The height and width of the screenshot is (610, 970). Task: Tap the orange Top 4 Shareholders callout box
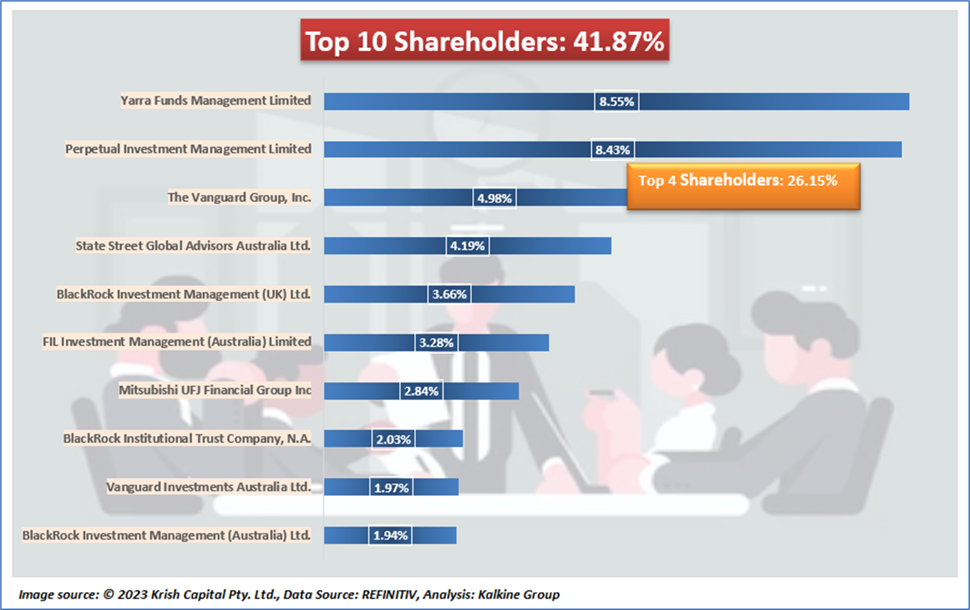click(743, 181)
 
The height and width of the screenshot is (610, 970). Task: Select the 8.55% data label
click(617, 102)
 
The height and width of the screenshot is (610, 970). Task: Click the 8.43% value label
click(613, 150)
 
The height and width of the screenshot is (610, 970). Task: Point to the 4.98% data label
click(494, 198)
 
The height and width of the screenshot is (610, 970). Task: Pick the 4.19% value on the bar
click(468, 246)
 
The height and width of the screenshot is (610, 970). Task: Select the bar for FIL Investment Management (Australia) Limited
click(501, 342)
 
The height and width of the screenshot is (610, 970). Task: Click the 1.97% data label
click(391, 487)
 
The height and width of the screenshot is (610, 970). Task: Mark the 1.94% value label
click(390, 535)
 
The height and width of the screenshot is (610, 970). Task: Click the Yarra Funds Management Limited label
click(216, 101)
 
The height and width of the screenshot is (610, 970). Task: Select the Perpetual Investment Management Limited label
click(188, 149)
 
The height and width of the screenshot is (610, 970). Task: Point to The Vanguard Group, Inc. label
click(239, 197)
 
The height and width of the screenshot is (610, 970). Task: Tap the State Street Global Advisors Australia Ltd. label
click(193, 246)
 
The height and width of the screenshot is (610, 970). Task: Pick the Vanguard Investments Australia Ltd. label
click(208, 487)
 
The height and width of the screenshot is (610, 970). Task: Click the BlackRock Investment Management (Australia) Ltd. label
click(167, 535)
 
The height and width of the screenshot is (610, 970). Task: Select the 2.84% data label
click(421, 391)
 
